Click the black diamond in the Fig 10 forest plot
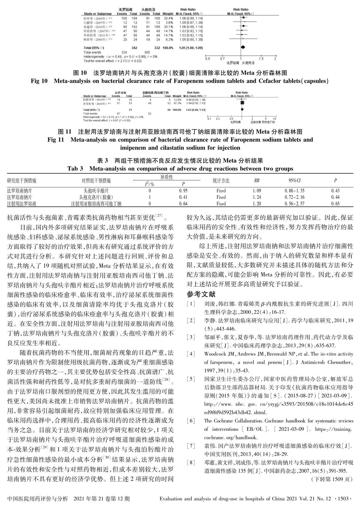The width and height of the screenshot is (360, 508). click(243, 47)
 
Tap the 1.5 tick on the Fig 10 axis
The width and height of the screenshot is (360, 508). click(261, 59)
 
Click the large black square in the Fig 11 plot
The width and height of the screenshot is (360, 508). click(242, 103)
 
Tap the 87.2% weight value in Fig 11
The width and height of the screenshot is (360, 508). click(177, 103)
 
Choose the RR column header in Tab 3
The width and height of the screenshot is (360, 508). click(257, 180)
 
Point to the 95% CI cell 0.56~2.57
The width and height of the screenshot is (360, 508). click(295, 203)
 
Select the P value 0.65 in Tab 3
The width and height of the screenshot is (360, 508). click(335, 203)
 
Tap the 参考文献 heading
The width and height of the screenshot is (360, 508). click(201, 294)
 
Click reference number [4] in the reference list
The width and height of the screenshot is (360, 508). click(191, 354)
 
